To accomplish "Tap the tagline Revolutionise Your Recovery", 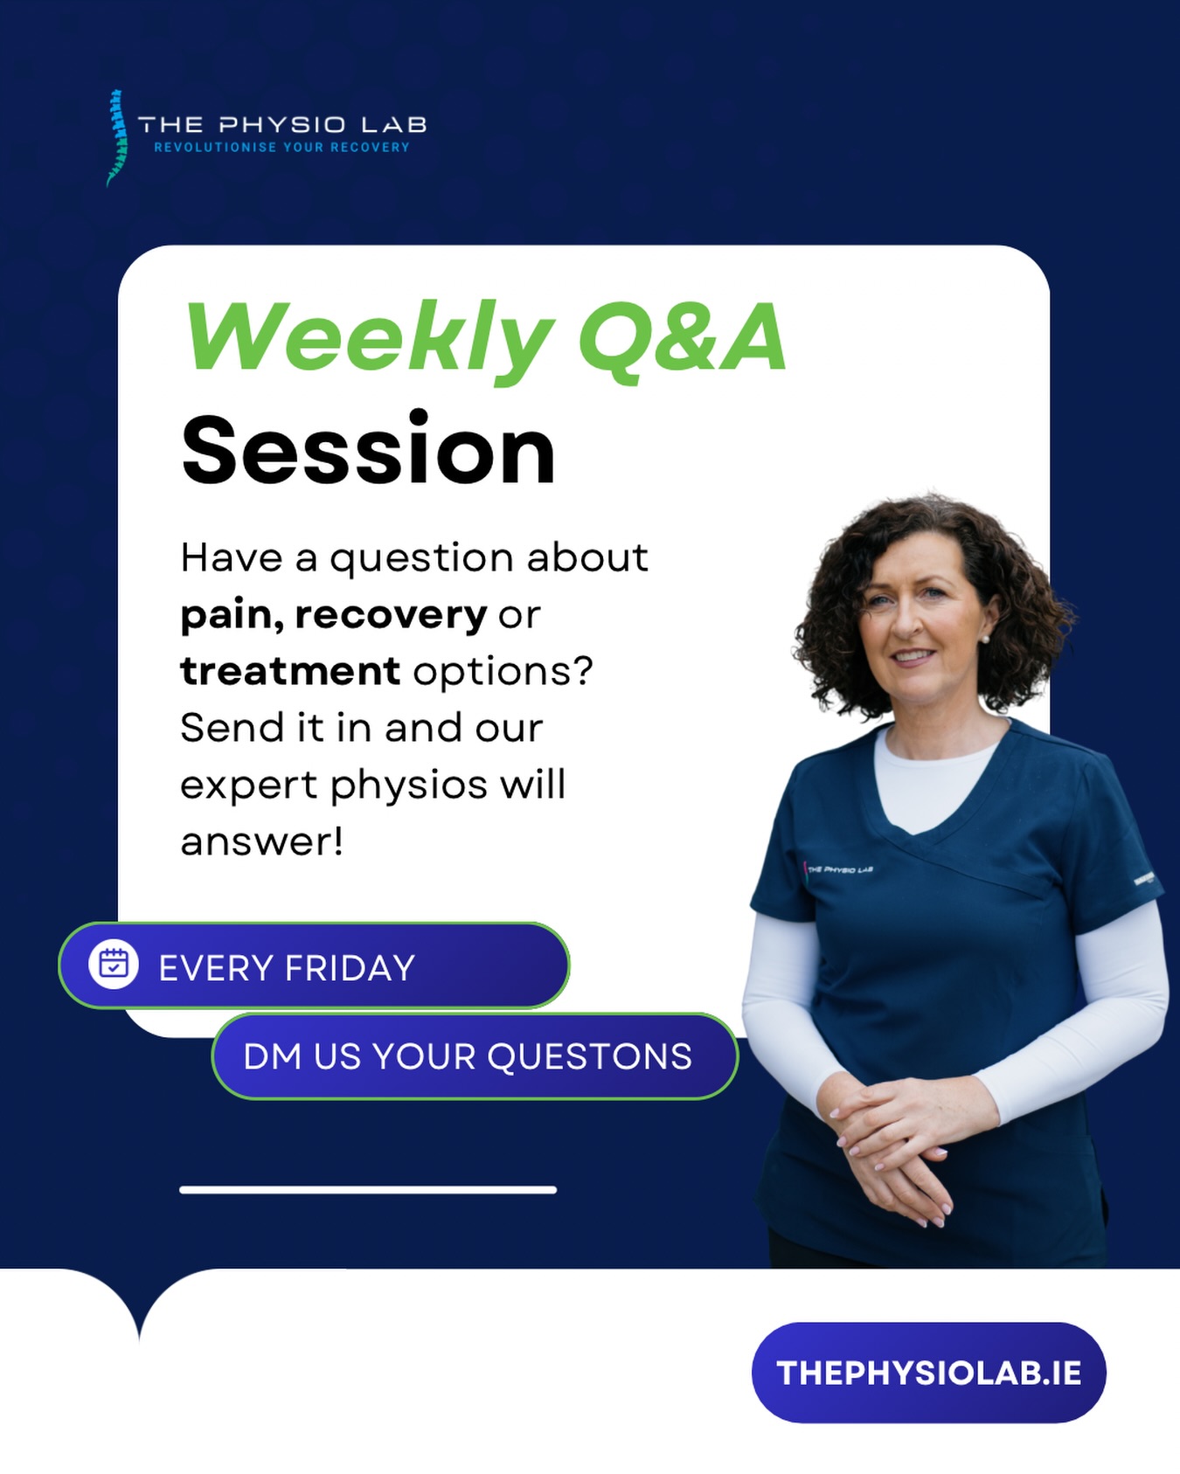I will click(x=281, y=148).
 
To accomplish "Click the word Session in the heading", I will click(x=368, y=451).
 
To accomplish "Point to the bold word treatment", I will click(x=289, y=672).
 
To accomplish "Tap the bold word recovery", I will click(x=391, y=615).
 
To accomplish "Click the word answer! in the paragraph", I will click(x=261, y=842).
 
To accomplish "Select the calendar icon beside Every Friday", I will click(x=114, y=965).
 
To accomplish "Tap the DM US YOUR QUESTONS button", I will click(x=474, y=1056).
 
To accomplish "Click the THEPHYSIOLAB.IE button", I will click(x=928, y=1373).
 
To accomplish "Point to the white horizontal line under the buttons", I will click(x=368, y=1189).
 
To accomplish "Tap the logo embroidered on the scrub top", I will click(x=839, y=869).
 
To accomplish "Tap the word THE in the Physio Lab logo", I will click(x=170, y=125).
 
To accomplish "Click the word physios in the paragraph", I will click(x=408, y=785).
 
